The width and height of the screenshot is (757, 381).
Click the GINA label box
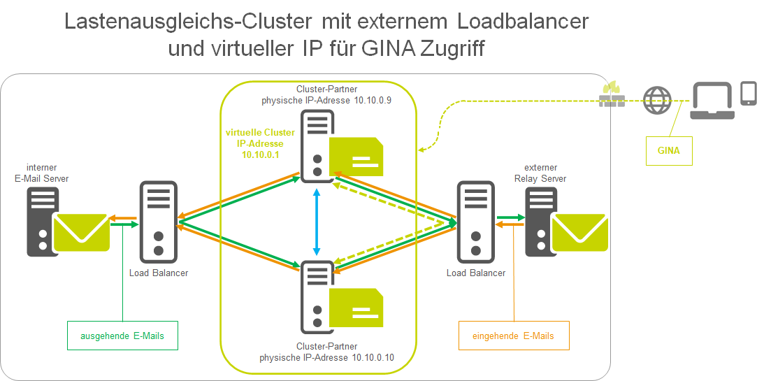(669, 150)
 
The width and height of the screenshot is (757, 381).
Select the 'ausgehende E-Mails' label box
(122, 336)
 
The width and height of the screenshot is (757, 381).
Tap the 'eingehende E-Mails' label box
(513, 336)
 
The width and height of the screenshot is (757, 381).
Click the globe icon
(656, 99)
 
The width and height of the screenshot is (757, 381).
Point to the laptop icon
(712, 101)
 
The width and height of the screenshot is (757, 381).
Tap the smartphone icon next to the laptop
(748, 93)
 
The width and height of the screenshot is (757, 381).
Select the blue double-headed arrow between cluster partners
(317, 222)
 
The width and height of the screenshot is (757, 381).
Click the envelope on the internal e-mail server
(82, 232)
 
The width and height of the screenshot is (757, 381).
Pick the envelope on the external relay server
(579, 232)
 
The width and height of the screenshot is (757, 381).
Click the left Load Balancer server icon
(159, 221)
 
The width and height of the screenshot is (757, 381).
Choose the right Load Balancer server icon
(476, 221)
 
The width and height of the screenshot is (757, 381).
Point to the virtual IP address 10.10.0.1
(261, 154)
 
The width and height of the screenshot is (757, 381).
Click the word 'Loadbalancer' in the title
(523, 21)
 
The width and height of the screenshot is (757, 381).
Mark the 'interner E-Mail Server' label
(41, 173)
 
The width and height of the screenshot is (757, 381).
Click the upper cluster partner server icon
(317, 145)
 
